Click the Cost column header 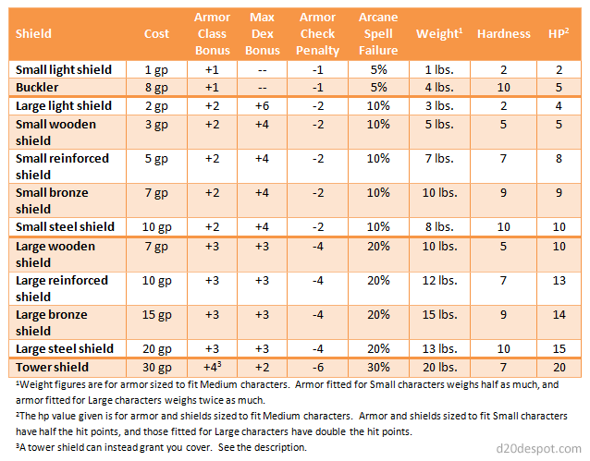click(156, 33)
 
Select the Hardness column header click(504, 33)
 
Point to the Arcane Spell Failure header click(377, 33)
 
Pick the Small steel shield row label click(64, 226)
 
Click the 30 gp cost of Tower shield click(156, 366)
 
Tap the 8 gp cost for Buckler click(156, 87)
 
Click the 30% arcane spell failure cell click(377, 366)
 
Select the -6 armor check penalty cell click(317, 366)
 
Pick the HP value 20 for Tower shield click(557, 366)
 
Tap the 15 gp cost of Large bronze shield click(156, 314)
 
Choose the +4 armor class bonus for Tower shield click(212, 366)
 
